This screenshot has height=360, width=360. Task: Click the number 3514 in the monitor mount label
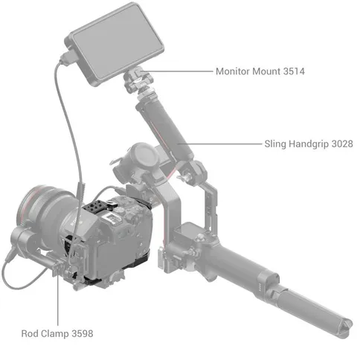click(x=294, y=71)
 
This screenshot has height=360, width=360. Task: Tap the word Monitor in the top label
click(x=233, y=71)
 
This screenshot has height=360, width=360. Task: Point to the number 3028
click(x=342, y=144)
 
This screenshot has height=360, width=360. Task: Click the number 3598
click(x=83, y=333)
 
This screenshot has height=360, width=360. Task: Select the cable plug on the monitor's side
click(x=68, y=57)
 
